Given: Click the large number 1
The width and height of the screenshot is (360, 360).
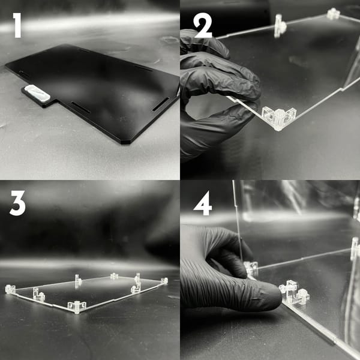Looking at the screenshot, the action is pyautogui.click(x=17, y=25).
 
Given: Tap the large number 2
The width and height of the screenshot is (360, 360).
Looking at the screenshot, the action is pyautogui.click(x=203, y=25).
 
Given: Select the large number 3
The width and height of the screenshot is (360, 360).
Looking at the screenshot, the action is pyautogui.click(x=17, y=203).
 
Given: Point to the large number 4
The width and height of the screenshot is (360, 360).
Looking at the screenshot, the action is pyautogui.click(x=203, y=203).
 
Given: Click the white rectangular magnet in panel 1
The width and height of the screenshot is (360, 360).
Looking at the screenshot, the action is pyautogui.click(x=37, y=93).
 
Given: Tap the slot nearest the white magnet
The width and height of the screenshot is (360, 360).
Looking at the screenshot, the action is pyautogui.click(x=80, y=107).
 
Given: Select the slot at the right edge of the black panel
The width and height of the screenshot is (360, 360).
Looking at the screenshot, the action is pyautogui.click(x=160, y=104).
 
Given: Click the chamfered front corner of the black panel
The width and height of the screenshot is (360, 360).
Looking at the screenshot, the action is pyautogui.click(x=125, y=142).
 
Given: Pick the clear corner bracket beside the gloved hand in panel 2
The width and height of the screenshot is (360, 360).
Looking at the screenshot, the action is pyautogui.click(x=278, y=118).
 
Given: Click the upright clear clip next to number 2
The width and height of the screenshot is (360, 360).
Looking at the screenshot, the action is pyautogui.click(x=280, y=26).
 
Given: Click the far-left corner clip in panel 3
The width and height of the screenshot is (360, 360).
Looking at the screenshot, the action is pyautogui.click(x=10, y=289).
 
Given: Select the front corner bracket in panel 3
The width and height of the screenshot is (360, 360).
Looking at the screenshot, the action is pyautogui.click(x=77, y=307).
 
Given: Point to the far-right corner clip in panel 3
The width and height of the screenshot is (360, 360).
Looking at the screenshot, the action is pyautogui.click(x=164, y=281).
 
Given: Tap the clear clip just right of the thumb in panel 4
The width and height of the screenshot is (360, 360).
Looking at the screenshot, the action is pyautogui.click(x=294, y=292).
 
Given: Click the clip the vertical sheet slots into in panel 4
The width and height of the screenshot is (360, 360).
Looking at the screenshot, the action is pyautogui.click(x=251, y=269).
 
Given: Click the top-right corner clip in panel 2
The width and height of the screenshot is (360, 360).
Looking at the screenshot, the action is pyautogui.click(x=334, y=14).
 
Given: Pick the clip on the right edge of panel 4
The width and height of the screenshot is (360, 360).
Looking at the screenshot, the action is pyautogui.click(x=355, y=249).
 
